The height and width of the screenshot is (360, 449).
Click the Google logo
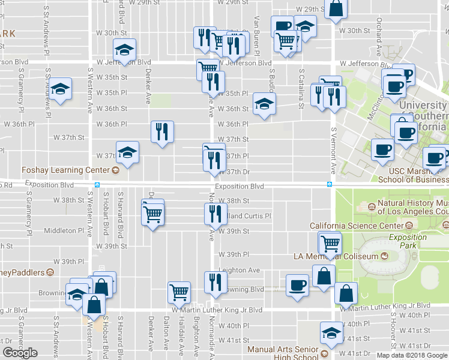point(20,353)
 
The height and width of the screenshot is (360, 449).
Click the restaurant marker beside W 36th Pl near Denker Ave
point(161,133)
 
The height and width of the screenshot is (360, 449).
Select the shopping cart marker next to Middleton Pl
point(153,212)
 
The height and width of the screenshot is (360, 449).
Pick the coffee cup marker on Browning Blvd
point(297,286)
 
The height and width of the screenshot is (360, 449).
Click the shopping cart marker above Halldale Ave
point(179,293)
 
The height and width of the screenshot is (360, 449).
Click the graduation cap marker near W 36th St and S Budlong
point(264,104)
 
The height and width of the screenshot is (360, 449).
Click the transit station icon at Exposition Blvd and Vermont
point(330,184)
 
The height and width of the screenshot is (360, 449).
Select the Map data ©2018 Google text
point(411,355)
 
